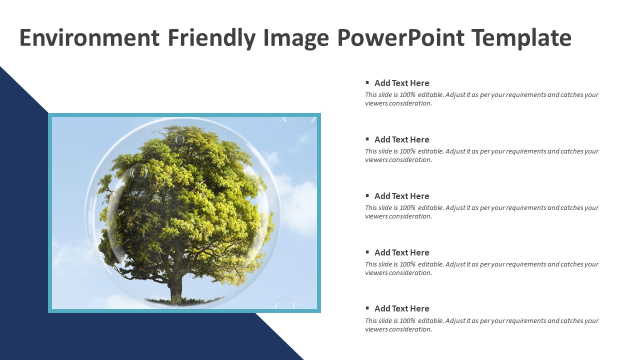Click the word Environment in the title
pos(89,37)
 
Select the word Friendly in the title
pos(211,38)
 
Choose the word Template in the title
pos(522,38)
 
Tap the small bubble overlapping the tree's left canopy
pos(139,172)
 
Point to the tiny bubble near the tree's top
pos(179,139)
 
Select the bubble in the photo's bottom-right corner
pos(284,303)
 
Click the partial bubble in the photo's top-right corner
pos(298,123)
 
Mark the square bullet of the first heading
pos(367,82)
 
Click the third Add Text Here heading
pos(401,196)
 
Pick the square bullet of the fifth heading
pos(367,308)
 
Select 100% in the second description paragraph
pos(407,151)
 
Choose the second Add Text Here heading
pos(401,139)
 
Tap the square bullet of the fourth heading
pos(367,252)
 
